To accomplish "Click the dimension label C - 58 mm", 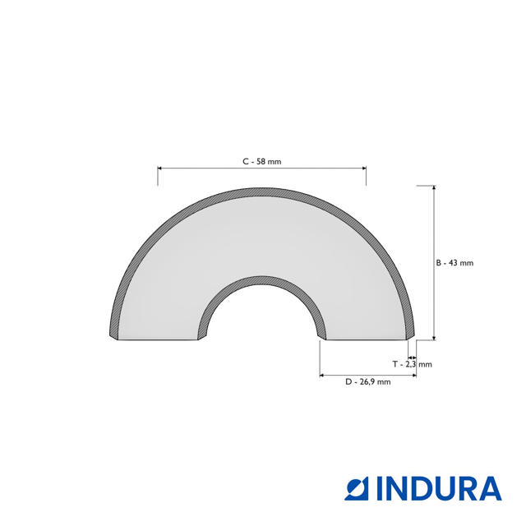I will point(262,162).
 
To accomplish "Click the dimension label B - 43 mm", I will point(454,263).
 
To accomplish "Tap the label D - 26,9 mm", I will point(367,382).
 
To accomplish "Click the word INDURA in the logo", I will point(439,489).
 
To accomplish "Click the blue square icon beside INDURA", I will point(359,489).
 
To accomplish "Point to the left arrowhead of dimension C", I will point(160,168).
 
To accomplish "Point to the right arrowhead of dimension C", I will point(363,168).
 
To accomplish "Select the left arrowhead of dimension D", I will point(321,376).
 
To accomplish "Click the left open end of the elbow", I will point(156,339).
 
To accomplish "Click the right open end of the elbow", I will point(369,339).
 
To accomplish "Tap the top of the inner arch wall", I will point(262,277).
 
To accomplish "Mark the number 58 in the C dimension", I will point(261,162).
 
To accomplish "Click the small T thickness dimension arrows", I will point(412,357).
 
